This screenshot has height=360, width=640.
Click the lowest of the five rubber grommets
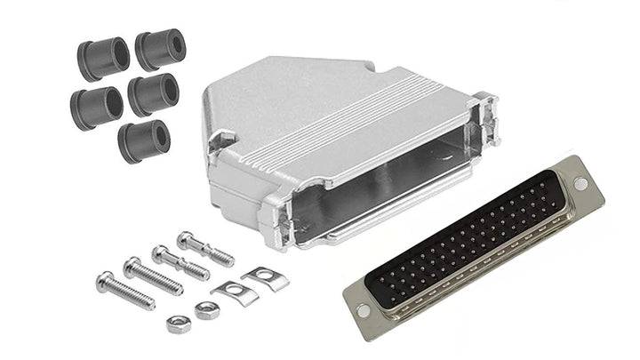coord(143,140)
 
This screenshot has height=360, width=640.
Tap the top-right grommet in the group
coord(159,49)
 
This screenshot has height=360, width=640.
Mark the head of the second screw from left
coord(132,264)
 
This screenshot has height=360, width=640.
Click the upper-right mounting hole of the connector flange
coord(580,184)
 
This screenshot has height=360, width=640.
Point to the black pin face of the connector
coord(471,244)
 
